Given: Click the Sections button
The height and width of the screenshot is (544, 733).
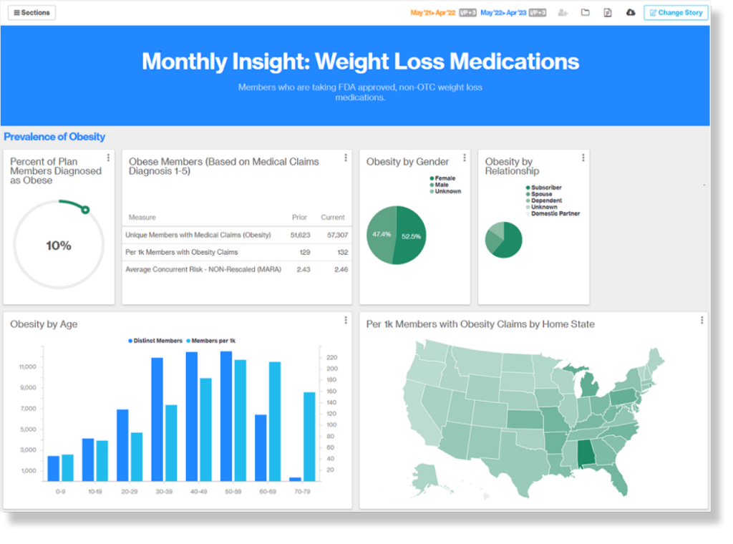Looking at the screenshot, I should point(32,13).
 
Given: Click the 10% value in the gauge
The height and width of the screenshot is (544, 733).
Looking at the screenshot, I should point(59,246).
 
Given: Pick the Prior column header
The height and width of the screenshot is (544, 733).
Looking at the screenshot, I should point(299,217).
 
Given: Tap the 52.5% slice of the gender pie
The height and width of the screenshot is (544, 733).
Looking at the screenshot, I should point(411,235).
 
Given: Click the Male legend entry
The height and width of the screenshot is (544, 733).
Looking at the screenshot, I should point(442,185).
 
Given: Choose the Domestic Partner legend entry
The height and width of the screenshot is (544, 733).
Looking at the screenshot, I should point(555,213).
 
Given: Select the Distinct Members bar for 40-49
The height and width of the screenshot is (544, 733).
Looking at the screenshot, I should point(192,416).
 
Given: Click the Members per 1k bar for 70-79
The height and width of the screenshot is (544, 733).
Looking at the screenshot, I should point(309,436).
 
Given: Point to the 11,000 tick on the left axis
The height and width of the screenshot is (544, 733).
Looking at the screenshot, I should point(27,367).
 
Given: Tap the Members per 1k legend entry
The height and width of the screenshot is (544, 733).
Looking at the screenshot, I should point(214,341).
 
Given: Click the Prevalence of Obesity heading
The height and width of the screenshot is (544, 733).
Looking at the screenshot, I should point(54,137).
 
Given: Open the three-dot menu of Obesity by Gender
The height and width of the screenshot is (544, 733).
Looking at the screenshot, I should point(465,157).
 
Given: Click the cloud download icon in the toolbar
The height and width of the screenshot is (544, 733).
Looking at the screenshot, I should point(631,13).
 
